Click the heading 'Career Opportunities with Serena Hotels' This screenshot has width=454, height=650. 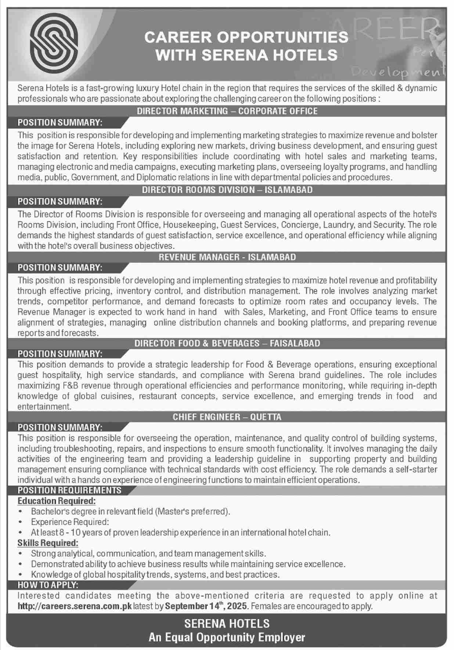tap(246, 46)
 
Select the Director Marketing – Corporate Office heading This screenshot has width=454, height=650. tap(227, 111)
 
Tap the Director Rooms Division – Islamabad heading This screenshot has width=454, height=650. tap(227, 190)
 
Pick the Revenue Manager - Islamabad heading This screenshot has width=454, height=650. tap(227, 257)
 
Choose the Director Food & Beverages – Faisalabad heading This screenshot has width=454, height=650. tap(227, 343)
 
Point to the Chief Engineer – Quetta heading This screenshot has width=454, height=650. tap(227, 417)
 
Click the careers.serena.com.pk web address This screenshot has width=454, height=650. tap(75, 606)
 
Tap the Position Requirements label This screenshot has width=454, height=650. tap(69, 490)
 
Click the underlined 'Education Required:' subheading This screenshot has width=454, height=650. tap(57, 501)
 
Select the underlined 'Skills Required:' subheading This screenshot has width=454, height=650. tap(48, 543)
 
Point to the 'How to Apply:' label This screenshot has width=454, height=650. tap(48, 585)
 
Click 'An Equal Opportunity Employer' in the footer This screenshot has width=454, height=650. tap(227, 637)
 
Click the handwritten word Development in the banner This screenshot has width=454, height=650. tap(399, 71)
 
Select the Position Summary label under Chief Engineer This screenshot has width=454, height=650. tap(60, 427)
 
